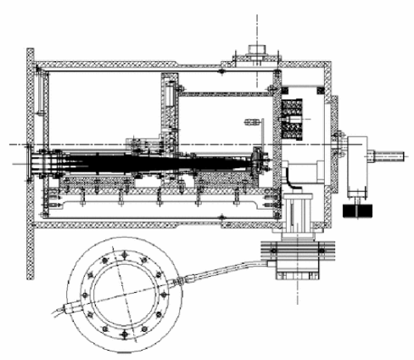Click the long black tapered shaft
point(144,159)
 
